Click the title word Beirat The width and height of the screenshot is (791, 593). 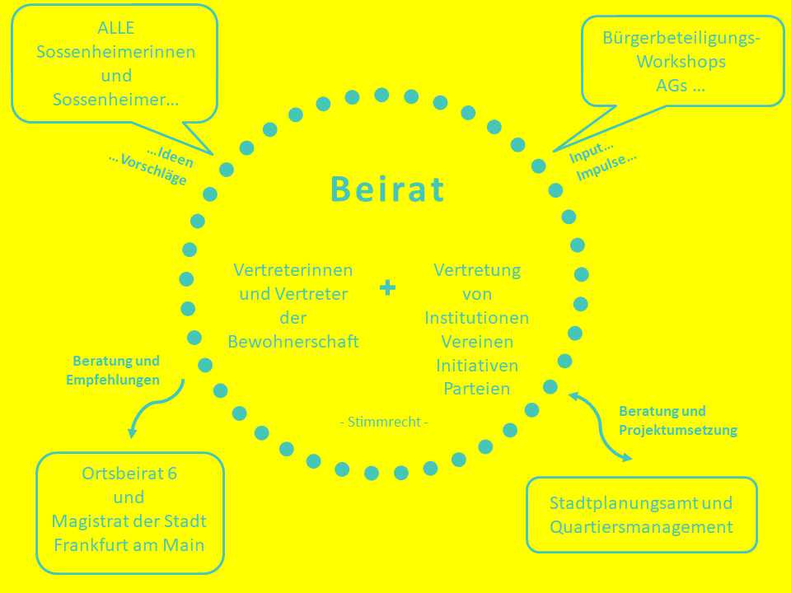point(387,189)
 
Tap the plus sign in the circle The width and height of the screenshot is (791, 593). point(387,287)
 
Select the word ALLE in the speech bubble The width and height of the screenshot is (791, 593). point(116,28)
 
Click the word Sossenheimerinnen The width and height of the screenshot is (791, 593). point(116,52)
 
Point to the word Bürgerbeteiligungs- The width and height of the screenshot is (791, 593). point(681,38)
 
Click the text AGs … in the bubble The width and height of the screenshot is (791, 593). point(681,85)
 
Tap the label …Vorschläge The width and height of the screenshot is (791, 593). point(147,169)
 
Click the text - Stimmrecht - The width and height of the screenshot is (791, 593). point(384,422)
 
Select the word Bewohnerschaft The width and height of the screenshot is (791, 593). point(293,342)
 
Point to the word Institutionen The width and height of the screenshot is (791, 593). point(477,318)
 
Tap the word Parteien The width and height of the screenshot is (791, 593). point(477,388)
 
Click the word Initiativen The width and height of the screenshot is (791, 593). point(477,365)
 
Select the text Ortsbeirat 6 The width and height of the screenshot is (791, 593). point(129,474)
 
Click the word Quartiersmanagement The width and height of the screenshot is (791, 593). point(641,527)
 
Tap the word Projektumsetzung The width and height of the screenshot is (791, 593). point(678,430)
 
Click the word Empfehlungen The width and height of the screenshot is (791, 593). point(113,380)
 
